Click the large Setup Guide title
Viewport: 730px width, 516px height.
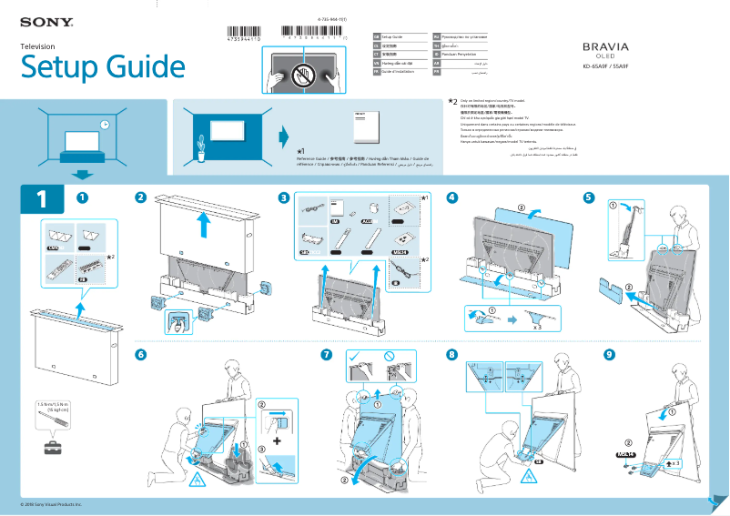pyautogui.click(x=103, y=67)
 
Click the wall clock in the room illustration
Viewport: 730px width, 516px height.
pyautogui.click(x=105, y=124)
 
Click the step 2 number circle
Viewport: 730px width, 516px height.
pyautogui.click(x=140, y=197)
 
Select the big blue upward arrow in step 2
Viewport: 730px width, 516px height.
pyautogui.click(x=205, y=225)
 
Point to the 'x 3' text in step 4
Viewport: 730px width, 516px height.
pyautogui.click(x=537, y=325)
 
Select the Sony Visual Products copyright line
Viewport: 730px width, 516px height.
pyautogui.click(x=52, y=503)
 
